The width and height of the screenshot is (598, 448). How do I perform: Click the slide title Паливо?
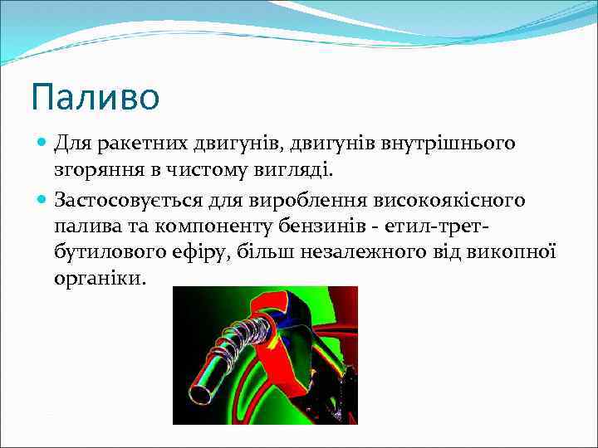[x=95, y=96]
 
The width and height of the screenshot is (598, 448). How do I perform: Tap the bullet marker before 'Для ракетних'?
[x=42, y=144]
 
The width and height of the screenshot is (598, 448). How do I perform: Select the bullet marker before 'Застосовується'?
[x=42, y=199]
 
